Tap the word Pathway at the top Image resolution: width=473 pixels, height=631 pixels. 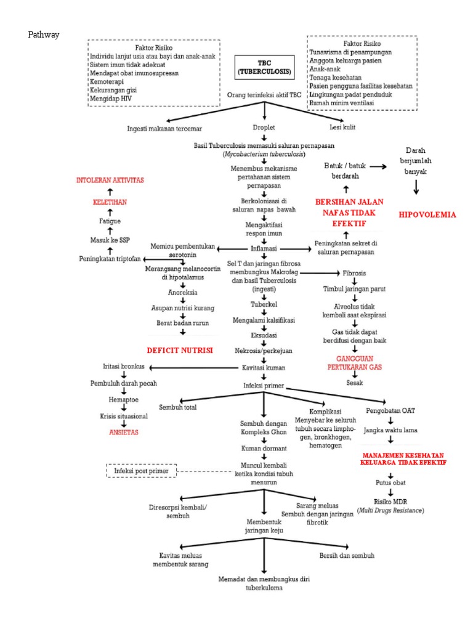[44, 35]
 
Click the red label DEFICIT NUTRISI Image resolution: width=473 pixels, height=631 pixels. [179, 350]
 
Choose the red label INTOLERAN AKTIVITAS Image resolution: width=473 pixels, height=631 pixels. [110, 180]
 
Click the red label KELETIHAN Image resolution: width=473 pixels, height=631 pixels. [110, 202]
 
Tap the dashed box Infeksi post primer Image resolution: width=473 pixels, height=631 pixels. [142, 471]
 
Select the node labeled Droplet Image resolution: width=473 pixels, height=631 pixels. [264, 128]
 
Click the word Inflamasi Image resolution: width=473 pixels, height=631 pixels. [264, 248]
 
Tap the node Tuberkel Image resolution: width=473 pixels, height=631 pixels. [264, 304]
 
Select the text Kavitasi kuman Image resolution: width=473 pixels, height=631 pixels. [264, 367]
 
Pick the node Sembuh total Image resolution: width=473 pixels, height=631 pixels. [178, 407]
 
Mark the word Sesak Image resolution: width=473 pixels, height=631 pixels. [354, 382]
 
